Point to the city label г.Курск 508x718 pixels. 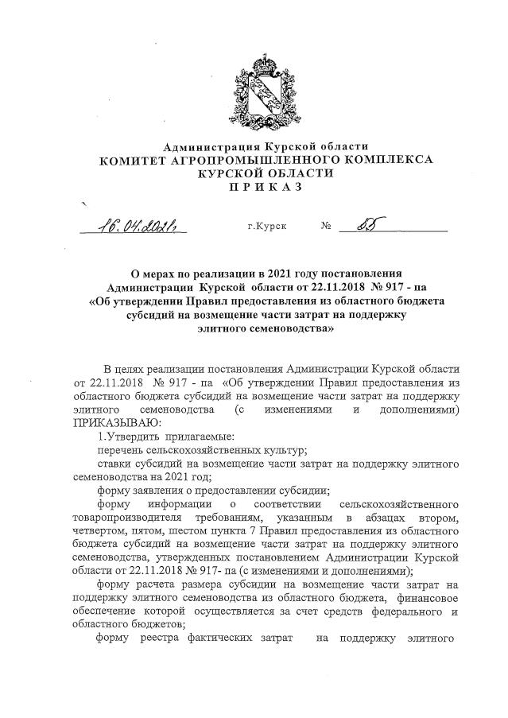[267, 226]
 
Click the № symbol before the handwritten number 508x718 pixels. [326, 226]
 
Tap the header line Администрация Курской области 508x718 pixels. [266, 146]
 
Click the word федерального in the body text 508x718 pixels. [394, 611]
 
